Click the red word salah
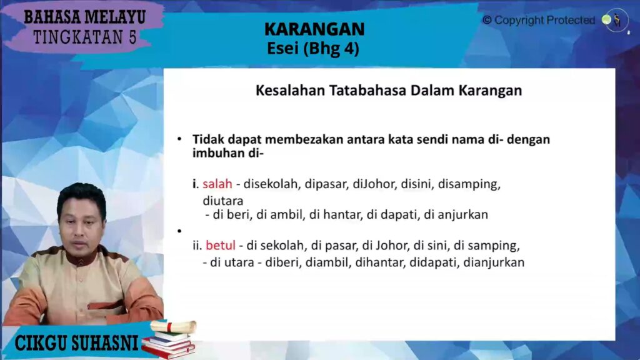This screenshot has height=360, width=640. pyautogui.click(x=217, y=184)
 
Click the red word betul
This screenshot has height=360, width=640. pyautogui.click(x=221, y=245)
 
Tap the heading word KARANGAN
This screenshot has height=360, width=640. pyautogui.click(x=314, y=29)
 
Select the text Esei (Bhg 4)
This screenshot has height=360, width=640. pyautogui.click(x=313, y=49)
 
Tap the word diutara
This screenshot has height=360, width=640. pyautogui.click(x=223, y=201)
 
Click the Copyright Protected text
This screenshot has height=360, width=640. pyautogui.click(x=539, y=20)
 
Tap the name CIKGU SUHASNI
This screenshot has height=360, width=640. pyautogui.click(x=76, y=343)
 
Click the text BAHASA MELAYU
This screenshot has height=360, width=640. pyautogui.click(x=85, y=17)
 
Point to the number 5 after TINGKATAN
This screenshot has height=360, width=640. pyautogui.click(x=132, y=37)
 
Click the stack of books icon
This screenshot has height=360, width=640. pyautogui.click(x=169, y=345)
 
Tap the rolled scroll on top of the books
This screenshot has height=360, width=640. pyautogui.click(x=174, y=326)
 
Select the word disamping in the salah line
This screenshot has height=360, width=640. pyautogui.click(x=469, y=184)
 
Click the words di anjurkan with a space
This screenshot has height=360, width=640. pyautogui.click(x=456, y=215)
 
